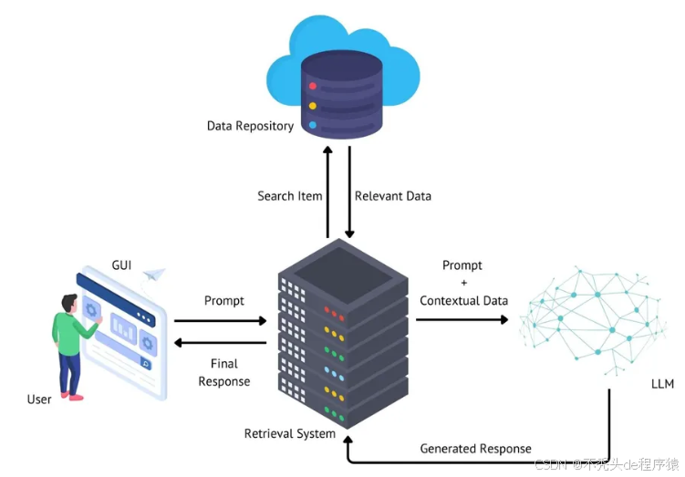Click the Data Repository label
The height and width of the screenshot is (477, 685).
250,126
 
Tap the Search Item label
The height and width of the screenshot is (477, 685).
288,196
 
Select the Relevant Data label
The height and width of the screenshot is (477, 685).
392,196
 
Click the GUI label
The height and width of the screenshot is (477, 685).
121,264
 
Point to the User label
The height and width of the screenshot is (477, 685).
39,399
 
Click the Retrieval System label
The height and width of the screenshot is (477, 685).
289,433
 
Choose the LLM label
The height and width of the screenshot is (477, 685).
663,384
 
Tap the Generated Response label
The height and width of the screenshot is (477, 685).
475,449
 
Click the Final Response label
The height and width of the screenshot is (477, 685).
224,372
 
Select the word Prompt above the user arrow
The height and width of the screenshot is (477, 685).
224,301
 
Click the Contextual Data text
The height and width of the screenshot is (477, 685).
463,301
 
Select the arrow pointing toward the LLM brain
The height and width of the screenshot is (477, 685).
462,320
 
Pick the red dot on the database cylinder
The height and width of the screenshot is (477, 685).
312,87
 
